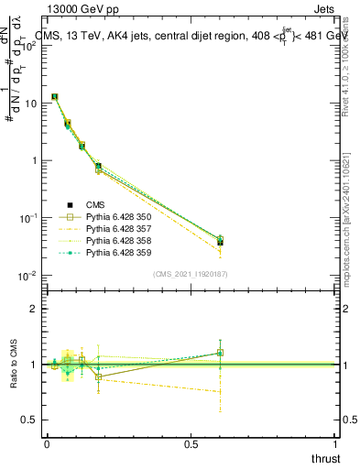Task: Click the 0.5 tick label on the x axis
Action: [x=191, y=444]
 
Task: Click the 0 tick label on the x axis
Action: [x=46, y=444]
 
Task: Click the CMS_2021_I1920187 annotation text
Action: [x=191, y=274]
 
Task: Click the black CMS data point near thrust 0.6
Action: [x=221, y=242]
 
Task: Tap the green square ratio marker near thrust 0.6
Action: [x=221, y=353]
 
